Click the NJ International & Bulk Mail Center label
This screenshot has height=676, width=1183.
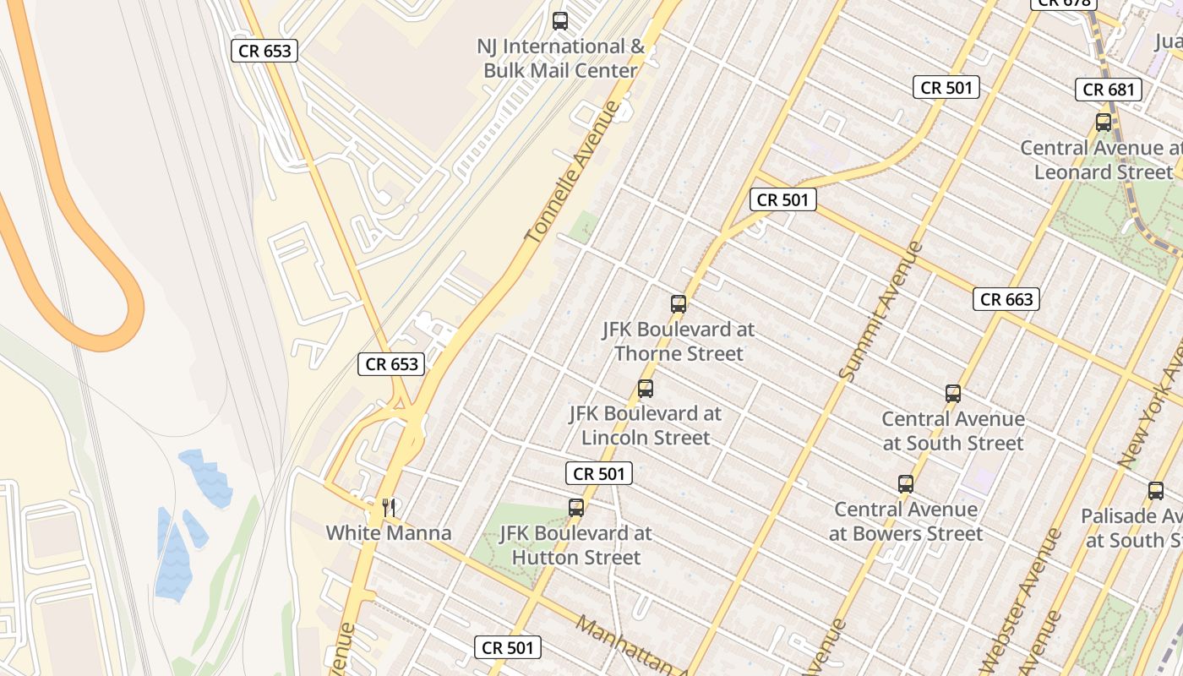[560, 58]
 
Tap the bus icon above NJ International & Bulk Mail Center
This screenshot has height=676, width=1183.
[560, 21]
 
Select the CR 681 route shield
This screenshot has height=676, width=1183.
[1108, 90]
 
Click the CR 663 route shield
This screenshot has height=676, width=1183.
[1006, 299]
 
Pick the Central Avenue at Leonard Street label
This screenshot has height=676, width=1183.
[1101, 160]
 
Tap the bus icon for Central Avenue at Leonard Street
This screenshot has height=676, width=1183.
[1104, 122]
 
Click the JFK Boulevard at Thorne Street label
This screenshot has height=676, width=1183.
[679, 341]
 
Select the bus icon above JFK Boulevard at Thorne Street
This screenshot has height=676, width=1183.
[679, 304]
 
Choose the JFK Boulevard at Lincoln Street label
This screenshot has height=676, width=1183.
[646, 426]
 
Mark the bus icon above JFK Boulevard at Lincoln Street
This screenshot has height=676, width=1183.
[646, 389]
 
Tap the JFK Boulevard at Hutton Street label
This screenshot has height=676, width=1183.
[576, 545]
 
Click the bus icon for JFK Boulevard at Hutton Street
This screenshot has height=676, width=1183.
[576, 508]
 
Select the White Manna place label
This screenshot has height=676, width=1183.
[389, 533]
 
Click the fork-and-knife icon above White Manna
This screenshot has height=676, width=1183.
[389, 508]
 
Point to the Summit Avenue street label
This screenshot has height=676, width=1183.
[880, 311]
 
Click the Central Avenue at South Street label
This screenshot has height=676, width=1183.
[953, 431]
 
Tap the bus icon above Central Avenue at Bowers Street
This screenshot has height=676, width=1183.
[906, 484]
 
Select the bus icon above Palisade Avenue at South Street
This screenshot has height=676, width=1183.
[1156, 491]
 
